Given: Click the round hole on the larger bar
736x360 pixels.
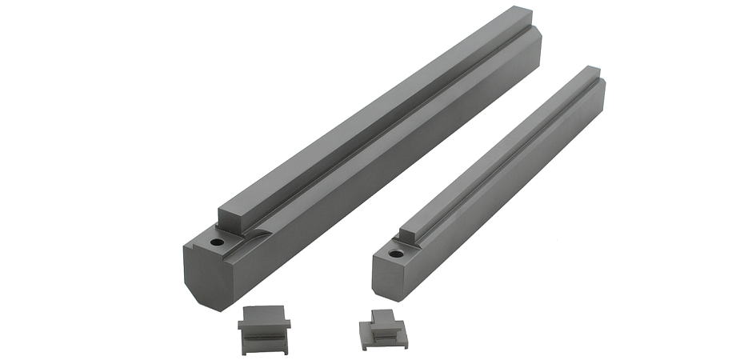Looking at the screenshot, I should (x=216, y=241).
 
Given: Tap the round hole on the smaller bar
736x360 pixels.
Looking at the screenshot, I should (x=395, y=254).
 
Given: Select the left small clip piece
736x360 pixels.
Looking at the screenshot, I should (x=263, y=330).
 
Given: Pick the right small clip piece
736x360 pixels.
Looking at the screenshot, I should (x=382, y=330).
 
